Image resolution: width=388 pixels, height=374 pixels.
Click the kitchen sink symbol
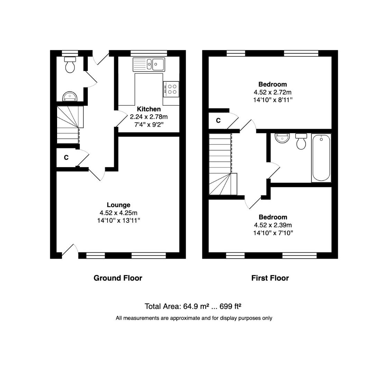pyautogui.click(x=149, y=64)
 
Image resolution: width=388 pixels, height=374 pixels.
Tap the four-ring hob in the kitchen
pyautogui.click(x=171, y=89)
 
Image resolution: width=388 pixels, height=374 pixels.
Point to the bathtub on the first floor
pyautogui.click(x=321, y=158)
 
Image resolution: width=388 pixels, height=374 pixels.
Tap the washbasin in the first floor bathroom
pyautogui.click(x=282, y=138)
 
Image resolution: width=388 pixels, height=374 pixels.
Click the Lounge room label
pyautogui.click(x=118, y=205)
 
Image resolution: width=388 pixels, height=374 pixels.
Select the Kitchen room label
pyautogui.click(x=149, y=109)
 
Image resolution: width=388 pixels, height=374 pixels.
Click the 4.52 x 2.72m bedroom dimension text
pyautogui.click(x=272, y=92)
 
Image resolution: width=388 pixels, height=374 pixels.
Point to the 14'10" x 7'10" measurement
pyautogui.click(x=273, y=233)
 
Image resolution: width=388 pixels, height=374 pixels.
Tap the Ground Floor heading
pyautogui.click(x=118, y=278)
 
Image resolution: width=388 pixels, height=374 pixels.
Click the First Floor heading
pyautogui.click(x=270, y=278)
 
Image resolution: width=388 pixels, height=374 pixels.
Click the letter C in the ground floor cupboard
pyautogui.click(x=66, y=158)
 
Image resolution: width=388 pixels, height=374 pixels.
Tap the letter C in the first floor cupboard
pyautogui.click(x=218, y=121)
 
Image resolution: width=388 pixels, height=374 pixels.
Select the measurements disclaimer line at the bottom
pyautogui.click(x=194, y=318)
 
